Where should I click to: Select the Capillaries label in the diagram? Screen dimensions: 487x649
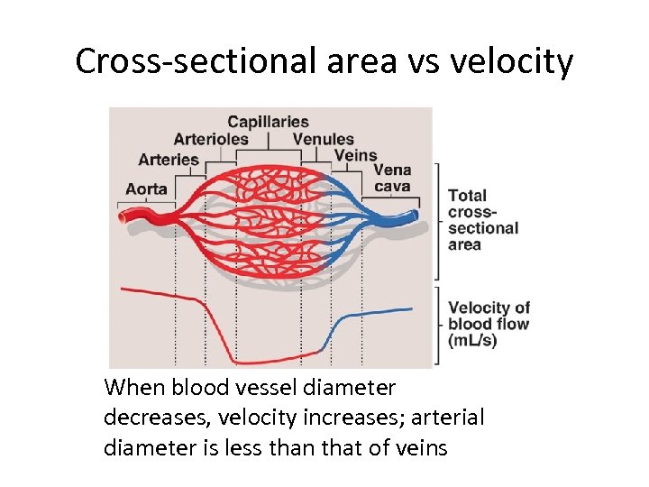click(x=268, y=122)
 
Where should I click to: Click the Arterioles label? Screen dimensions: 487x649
click(x=211, y=139)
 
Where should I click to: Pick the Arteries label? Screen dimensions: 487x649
click(x=169, y=160)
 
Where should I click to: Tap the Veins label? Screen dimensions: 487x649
click(x=355, y=155)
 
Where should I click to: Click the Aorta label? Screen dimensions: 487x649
click(x=146, y=188)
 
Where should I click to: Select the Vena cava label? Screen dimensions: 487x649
click(x=391, y=179)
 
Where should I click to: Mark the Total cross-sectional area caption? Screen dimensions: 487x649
click(x=482, y=220)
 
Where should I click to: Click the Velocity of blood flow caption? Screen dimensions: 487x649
click(x=489, y=316)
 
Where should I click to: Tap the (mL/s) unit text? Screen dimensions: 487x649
click(x=472, y=341)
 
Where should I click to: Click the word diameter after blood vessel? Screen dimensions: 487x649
click(x=346, y=389)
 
